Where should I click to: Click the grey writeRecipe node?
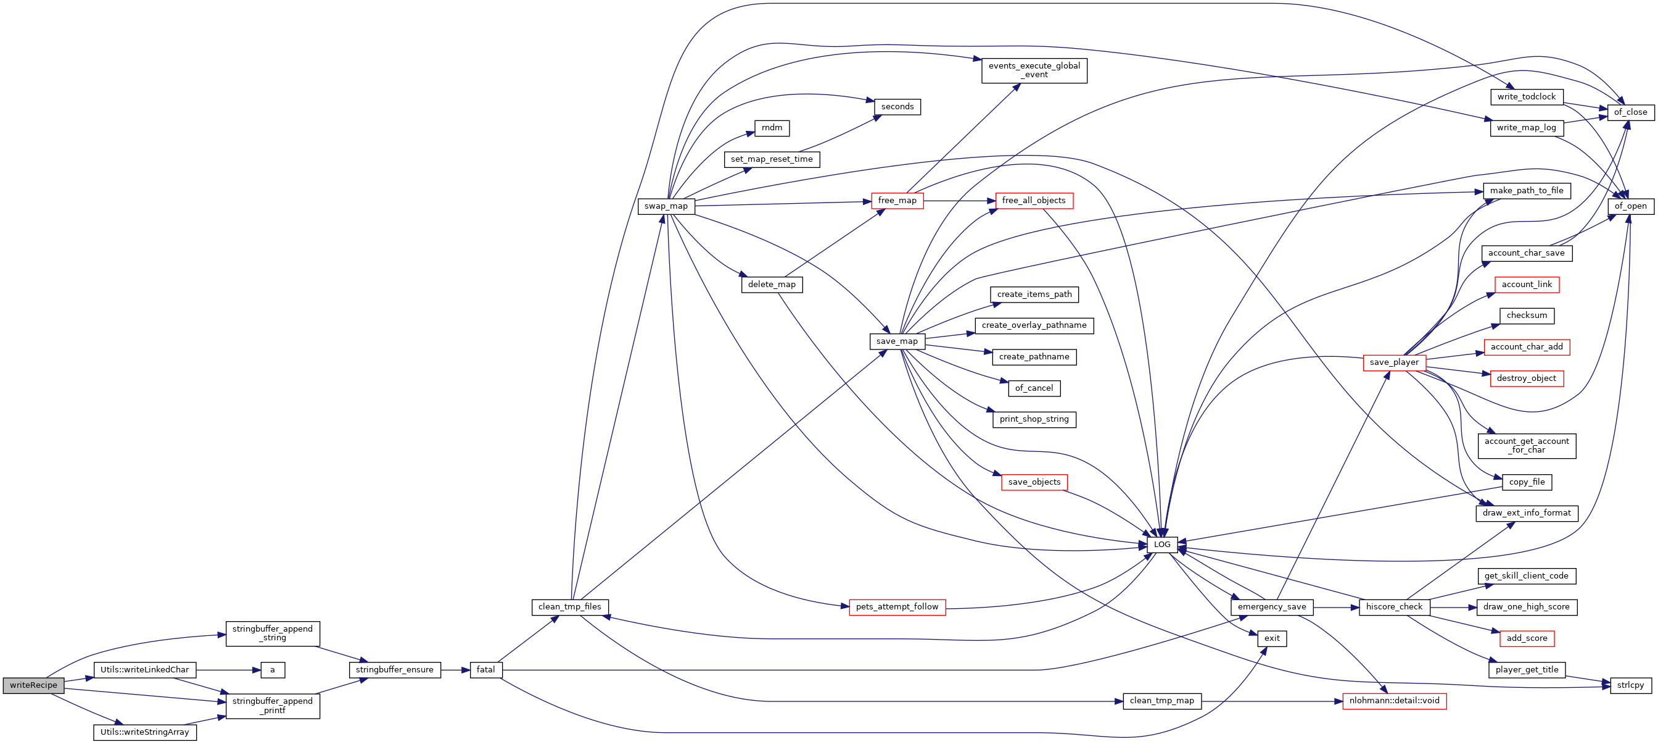(33, 685)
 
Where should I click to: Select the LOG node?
(1161, 545)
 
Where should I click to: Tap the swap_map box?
(666, 206)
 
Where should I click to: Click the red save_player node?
(1394, 362)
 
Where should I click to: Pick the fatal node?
(485, 670)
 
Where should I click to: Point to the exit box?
(1272, 638)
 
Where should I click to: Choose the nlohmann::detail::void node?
(1394, 701)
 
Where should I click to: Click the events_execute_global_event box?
(1034, 70)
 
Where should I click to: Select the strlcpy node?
(1630, 685)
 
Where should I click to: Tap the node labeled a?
(272, 670)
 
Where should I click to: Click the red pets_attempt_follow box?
(897, 607)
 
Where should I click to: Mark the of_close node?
(1630, 112)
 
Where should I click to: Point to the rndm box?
(772, 128)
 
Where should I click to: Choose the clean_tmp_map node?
(1161, 701)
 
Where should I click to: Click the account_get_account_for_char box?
(1526, 446)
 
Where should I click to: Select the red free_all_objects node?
(1034, 201)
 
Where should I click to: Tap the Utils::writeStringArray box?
(145, 732)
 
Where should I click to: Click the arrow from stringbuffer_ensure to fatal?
(455, 670)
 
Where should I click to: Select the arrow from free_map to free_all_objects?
(959, 201)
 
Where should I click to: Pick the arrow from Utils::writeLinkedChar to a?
(228, 670)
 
